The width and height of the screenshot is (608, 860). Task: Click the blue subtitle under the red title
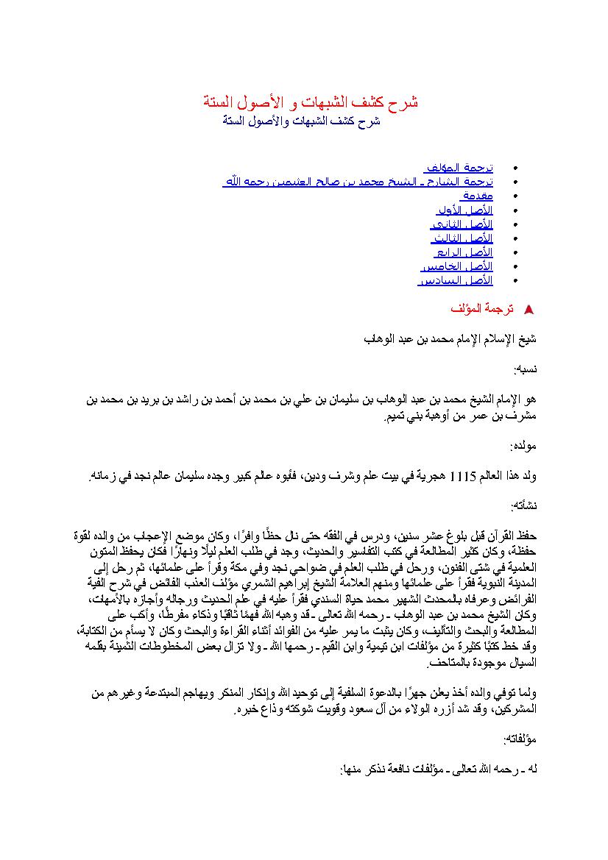[302, 121]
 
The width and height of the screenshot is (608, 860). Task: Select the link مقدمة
[477, 196]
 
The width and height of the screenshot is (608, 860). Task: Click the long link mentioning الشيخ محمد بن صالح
[358, 182]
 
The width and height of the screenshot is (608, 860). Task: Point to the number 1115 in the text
[464, 476]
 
